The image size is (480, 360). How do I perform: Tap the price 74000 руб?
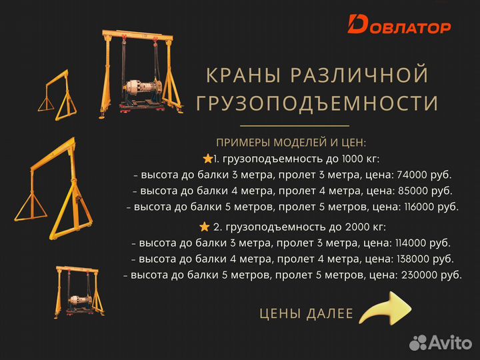pos(424,175)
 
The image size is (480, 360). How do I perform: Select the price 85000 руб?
pos(424,191)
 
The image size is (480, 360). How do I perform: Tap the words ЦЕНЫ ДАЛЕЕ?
pos(306,313)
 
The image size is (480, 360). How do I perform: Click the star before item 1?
pos(207,159)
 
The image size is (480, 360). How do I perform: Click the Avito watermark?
pos(440,343)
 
